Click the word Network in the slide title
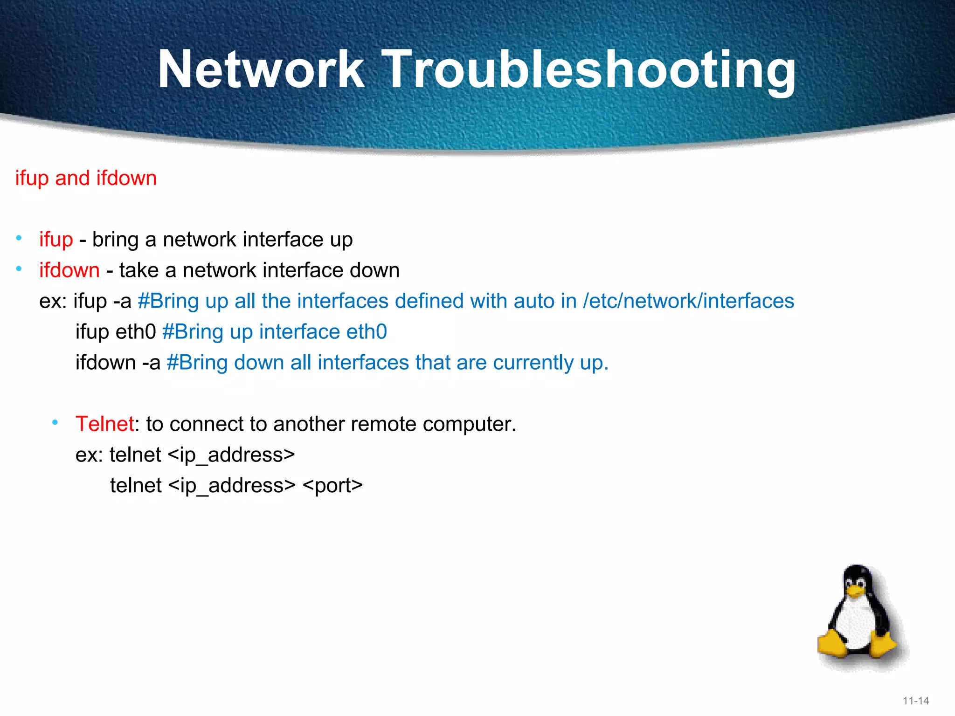point(261,70)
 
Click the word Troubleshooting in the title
point(590,70)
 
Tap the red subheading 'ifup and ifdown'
point(86,178)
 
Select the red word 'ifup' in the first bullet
point(56,240)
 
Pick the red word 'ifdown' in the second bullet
point(69,270)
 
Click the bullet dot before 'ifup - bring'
point(19,239)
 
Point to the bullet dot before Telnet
point(55,423)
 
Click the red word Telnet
point(105,424)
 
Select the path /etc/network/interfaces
point(688,301)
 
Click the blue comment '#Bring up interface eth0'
point(275,332)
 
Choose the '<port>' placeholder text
point(332,486)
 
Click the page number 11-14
point(916,701)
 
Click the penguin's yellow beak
point(855,592)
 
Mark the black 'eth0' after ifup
point(135,332)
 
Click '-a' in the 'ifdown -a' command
point(151,363)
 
